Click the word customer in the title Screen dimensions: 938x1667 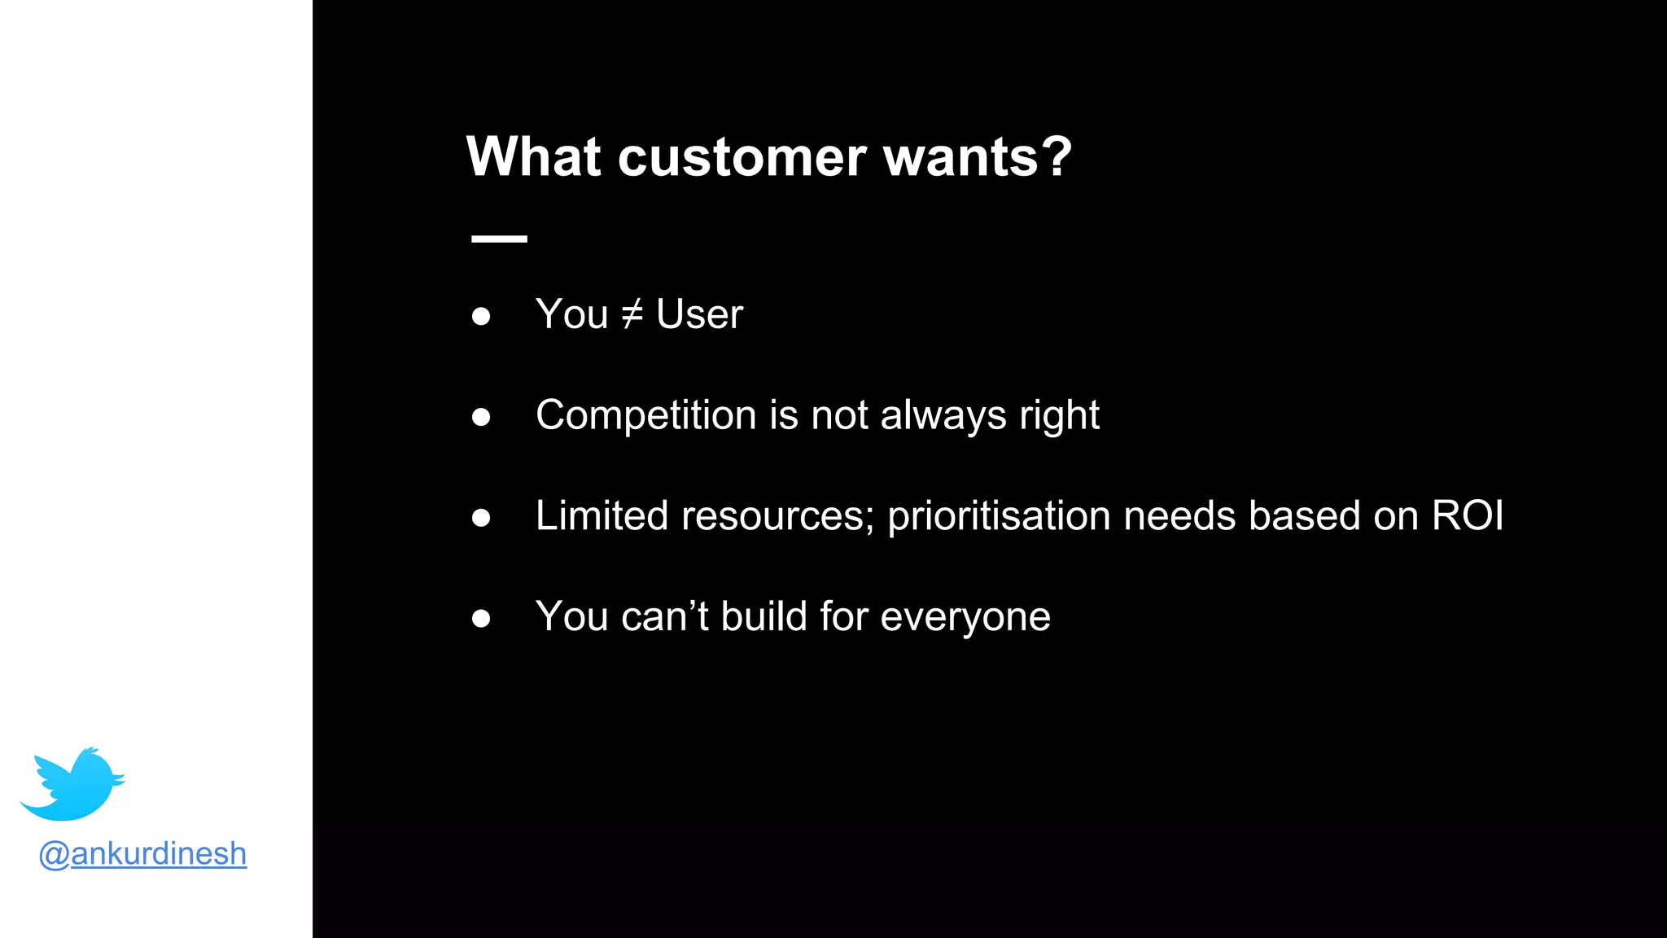[742, 157]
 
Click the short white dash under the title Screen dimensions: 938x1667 [499, 239]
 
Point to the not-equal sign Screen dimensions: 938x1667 [632, 314]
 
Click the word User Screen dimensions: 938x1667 [699, 314]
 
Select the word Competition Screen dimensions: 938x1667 [646, 416]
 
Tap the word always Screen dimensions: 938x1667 [943, 416]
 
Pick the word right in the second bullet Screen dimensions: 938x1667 [1059, 416]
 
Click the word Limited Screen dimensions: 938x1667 [602, 516]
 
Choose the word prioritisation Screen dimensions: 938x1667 [999, 516]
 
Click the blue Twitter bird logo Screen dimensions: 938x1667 [73, 784]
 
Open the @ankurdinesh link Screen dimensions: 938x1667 [142, 853]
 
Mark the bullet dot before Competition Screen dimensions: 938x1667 [481, 418]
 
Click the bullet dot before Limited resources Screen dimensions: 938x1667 [481, 518]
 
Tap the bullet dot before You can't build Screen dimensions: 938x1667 [481, 619]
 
